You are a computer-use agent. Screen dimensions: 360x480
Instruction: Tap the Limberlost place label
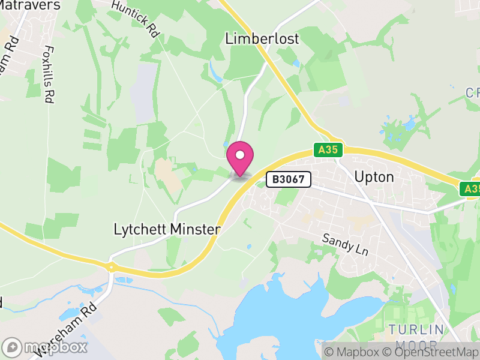(262, 39)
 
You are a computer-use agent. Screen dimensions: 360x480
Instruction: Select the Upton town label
(374, 177)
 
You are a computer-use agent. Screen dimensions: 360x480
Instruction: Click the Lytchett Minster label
(167, 229)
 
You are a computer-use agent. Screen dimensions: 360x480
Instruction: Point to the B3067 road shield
(289, 179)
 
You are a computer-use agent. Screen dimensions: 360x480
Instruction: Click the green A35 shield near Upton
(328, 150)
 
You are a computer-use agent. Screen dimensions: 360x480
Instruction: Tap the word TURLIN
(416, 329)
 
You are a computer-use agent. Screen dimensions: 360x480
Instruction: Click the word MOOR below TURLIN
(416, 344)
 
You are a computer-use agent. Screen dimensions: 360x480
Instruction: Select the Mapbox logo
(45, 347)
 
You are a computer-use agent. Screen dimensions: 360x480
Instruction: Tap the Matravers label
(30, 5)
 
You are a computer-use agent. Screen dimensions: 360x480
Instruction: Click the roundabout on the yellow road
(111, 266)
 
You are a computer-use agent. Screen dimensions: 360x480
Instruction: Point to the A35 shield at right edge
(471, 189)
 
